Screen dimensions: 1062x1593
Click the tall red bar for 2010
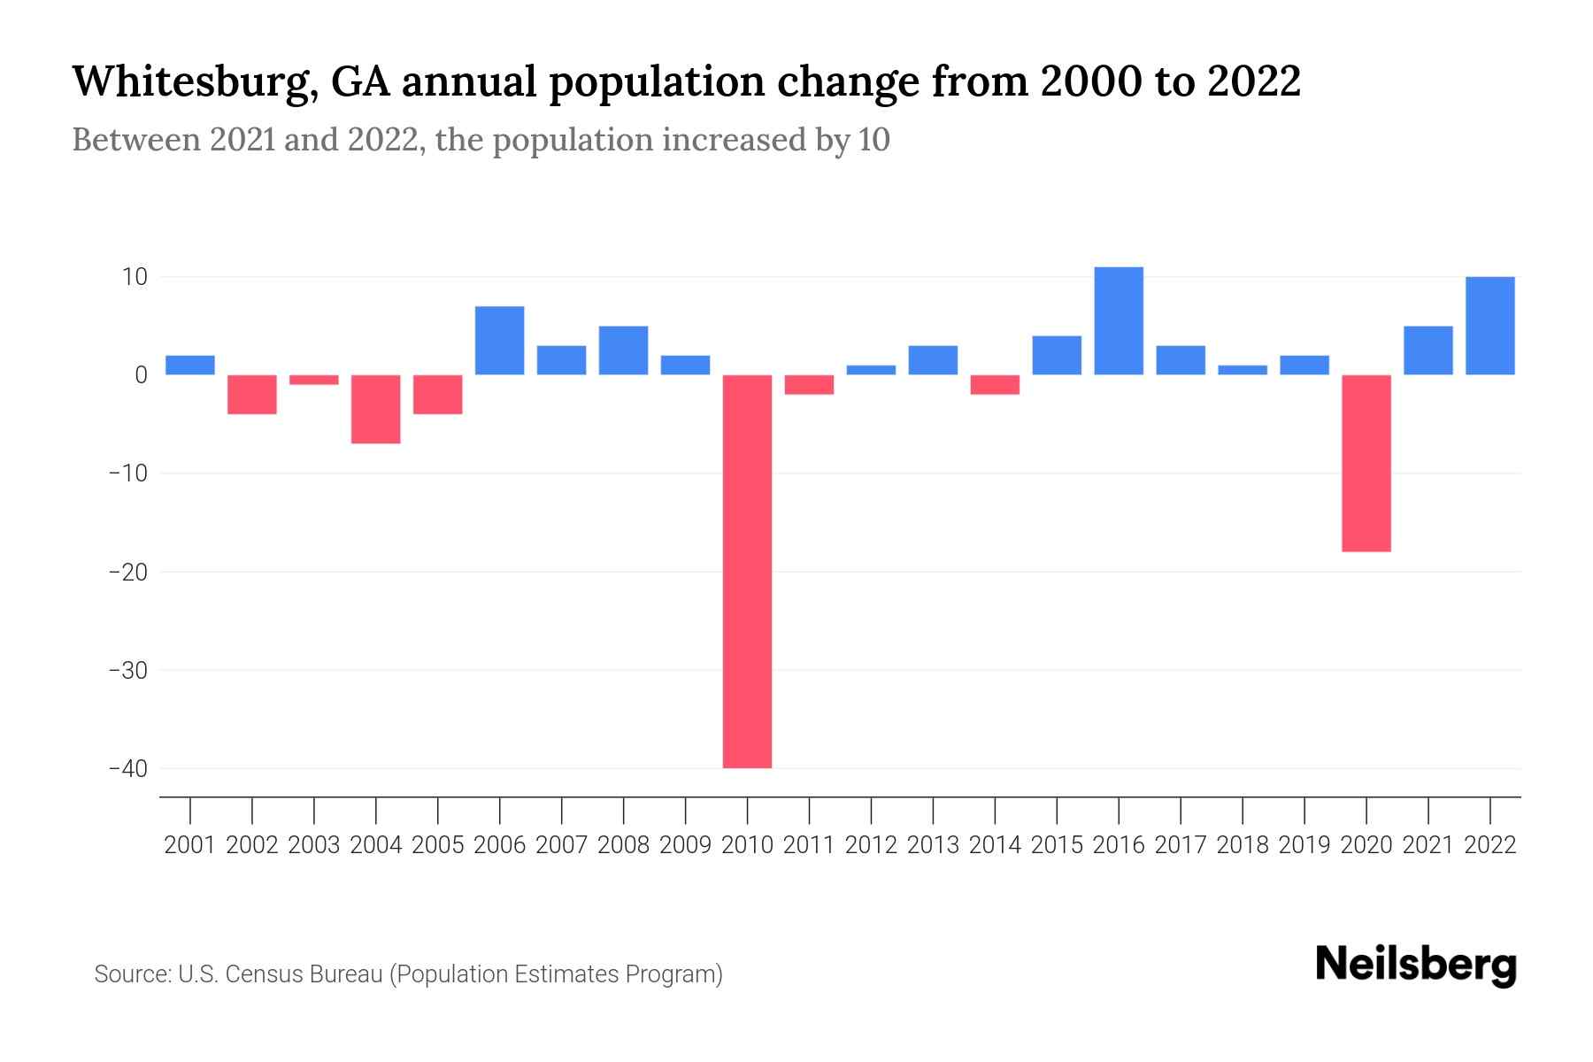click(x=747, y=571)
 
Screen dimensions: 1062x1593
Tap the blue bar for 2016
click(x=1119, y=320)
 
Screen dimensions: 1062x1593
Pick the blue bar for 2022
click(x=1489, y=326)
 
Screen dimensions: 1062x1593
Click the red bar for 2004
click(x=376, y=409)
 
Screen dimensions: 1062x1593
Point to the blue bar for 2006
click(x=500, y=341)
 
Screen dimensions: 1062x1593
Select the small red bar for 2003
click(x=314, y=380)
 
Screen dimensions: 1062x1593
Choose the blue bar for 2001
click(x=190, y=365)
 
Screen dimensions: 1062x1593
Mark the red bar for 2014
click(x=995, y=384)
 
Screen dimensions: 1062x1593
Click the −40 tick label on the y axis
click(x=128, y=768)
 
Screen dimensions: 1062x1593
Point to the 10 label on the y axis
click(x=135, y=277)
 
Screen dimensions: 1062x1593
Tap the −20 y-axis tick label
click(x=128, y=572)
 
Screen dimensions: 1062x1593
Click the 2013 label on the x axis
click(x=933, y=845)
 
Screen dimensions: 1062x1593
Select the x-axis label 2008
click(x=623, y=845)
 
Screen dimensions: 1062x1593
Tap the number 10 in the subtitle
click(x=873, y=140)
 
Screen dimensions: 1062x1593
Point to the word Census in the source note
click(x=261, y=974)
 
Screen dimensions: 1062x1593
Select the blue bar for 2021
click(x=1428, y=350)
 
